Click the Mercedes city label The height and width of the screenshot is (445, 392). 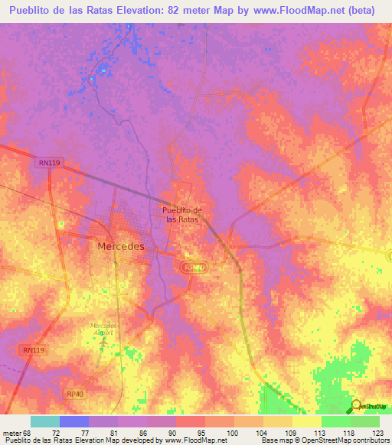tap(121, 247)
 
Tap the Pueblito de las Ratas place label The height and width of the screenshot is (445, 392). tap(182, 214)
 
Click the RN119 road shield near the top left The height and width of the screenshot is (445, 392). tap(47, 163)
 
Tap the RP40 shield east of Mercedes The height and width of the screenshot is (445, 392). tap(194, 268)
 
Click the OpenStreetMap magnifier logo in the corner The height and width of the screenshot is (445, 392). tap(357, 406)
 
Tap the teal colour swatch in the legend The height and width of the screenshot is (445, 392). tap(44, 421)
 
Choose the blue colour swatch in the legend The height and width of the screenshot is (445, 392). tap(73, 421)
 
